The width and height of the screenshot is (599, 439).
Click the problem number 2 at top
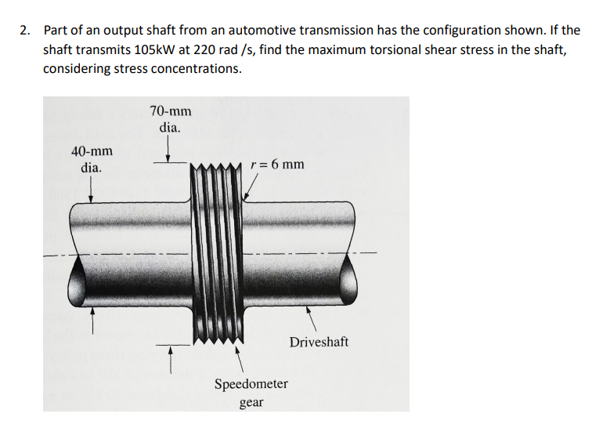coord(25,31)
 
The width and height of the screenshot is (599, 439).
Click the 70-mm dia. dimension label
coord(170,118)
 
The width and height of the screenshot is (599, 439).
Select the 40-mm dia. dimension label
coord(91,159)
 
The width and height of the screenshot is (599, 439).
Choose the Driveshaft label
coord(319,342)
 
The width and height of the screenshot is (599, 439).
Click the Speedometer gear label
coord(251,393)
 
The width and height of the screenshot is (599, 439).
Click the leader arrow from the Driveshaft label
coord(311,318)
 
